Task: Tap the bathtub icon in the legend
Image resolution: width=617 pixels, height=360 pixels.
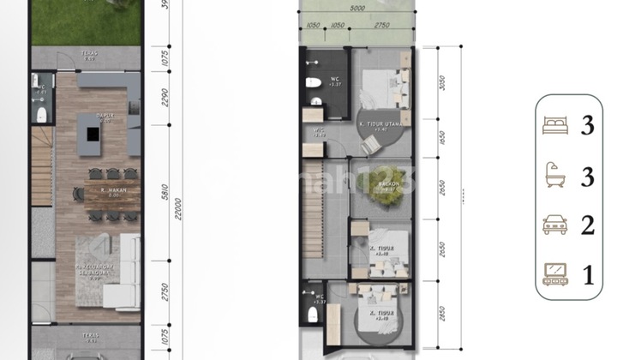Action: tap(554, 177)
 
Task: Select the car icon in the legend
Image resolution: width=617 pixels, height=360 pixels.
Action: tap(554, 226)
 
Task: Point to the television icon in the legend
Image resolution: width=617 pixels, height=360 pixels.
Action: tap(554, 275)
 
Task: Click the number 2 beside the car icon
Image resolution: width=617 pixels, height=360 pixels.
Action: tap(588, 226)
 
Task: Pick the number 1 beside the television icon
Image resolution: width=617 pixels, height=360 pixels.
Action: tap(588, 276)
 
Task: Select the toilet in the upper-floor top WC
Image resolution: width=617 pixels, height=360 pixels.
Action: tap(314, 83)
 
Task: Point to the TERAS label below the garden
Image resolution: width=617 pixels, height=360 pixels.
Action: tap(86, 54)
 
